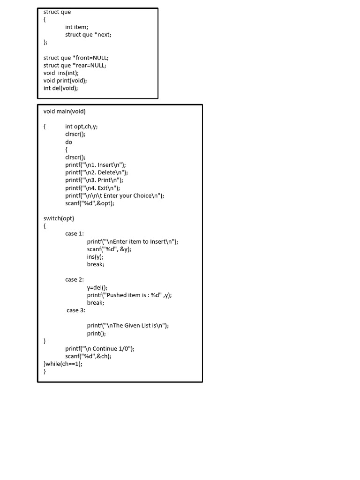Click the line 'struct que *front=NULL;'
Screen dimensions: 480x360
(76, 58)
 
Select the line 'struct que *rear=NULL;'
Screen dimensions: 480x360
(75, 65)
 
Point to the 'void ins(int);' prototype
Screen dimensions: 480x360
(61, 73)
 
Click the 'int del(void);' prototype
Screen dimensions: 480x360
(61, 88)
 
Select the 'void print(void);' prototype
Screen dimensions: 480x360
(65, 80)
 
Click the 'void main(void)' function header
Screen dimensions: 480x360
(65, 112)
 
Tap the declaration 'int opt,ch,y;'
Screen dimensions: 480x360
(82, 127)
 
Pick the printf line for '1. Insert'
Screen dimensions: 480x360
(96, 165)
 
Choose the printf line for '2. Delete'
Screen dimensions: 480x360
(97, 172)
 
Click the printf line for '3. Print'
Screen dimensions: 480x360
(94, 180)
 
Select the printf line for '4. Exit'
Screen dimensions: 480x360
(93, 188)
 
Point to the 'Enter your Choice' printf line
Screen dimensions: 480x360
(115, 195)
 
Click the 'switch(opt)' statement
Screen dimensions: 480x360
(59, 218)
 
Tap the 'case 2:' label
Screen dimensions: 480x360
(75, 280)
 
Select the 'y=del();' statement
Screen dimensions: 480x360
(97, 287)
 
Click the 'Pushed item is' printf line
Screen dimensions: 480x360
(129, 295)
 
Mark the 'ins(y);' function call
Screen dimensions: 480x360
(95, 257)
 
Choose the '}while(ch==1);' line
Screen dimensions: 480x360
(63, 364)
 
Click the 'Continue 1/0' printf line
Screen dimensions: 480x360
(100, 349)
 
